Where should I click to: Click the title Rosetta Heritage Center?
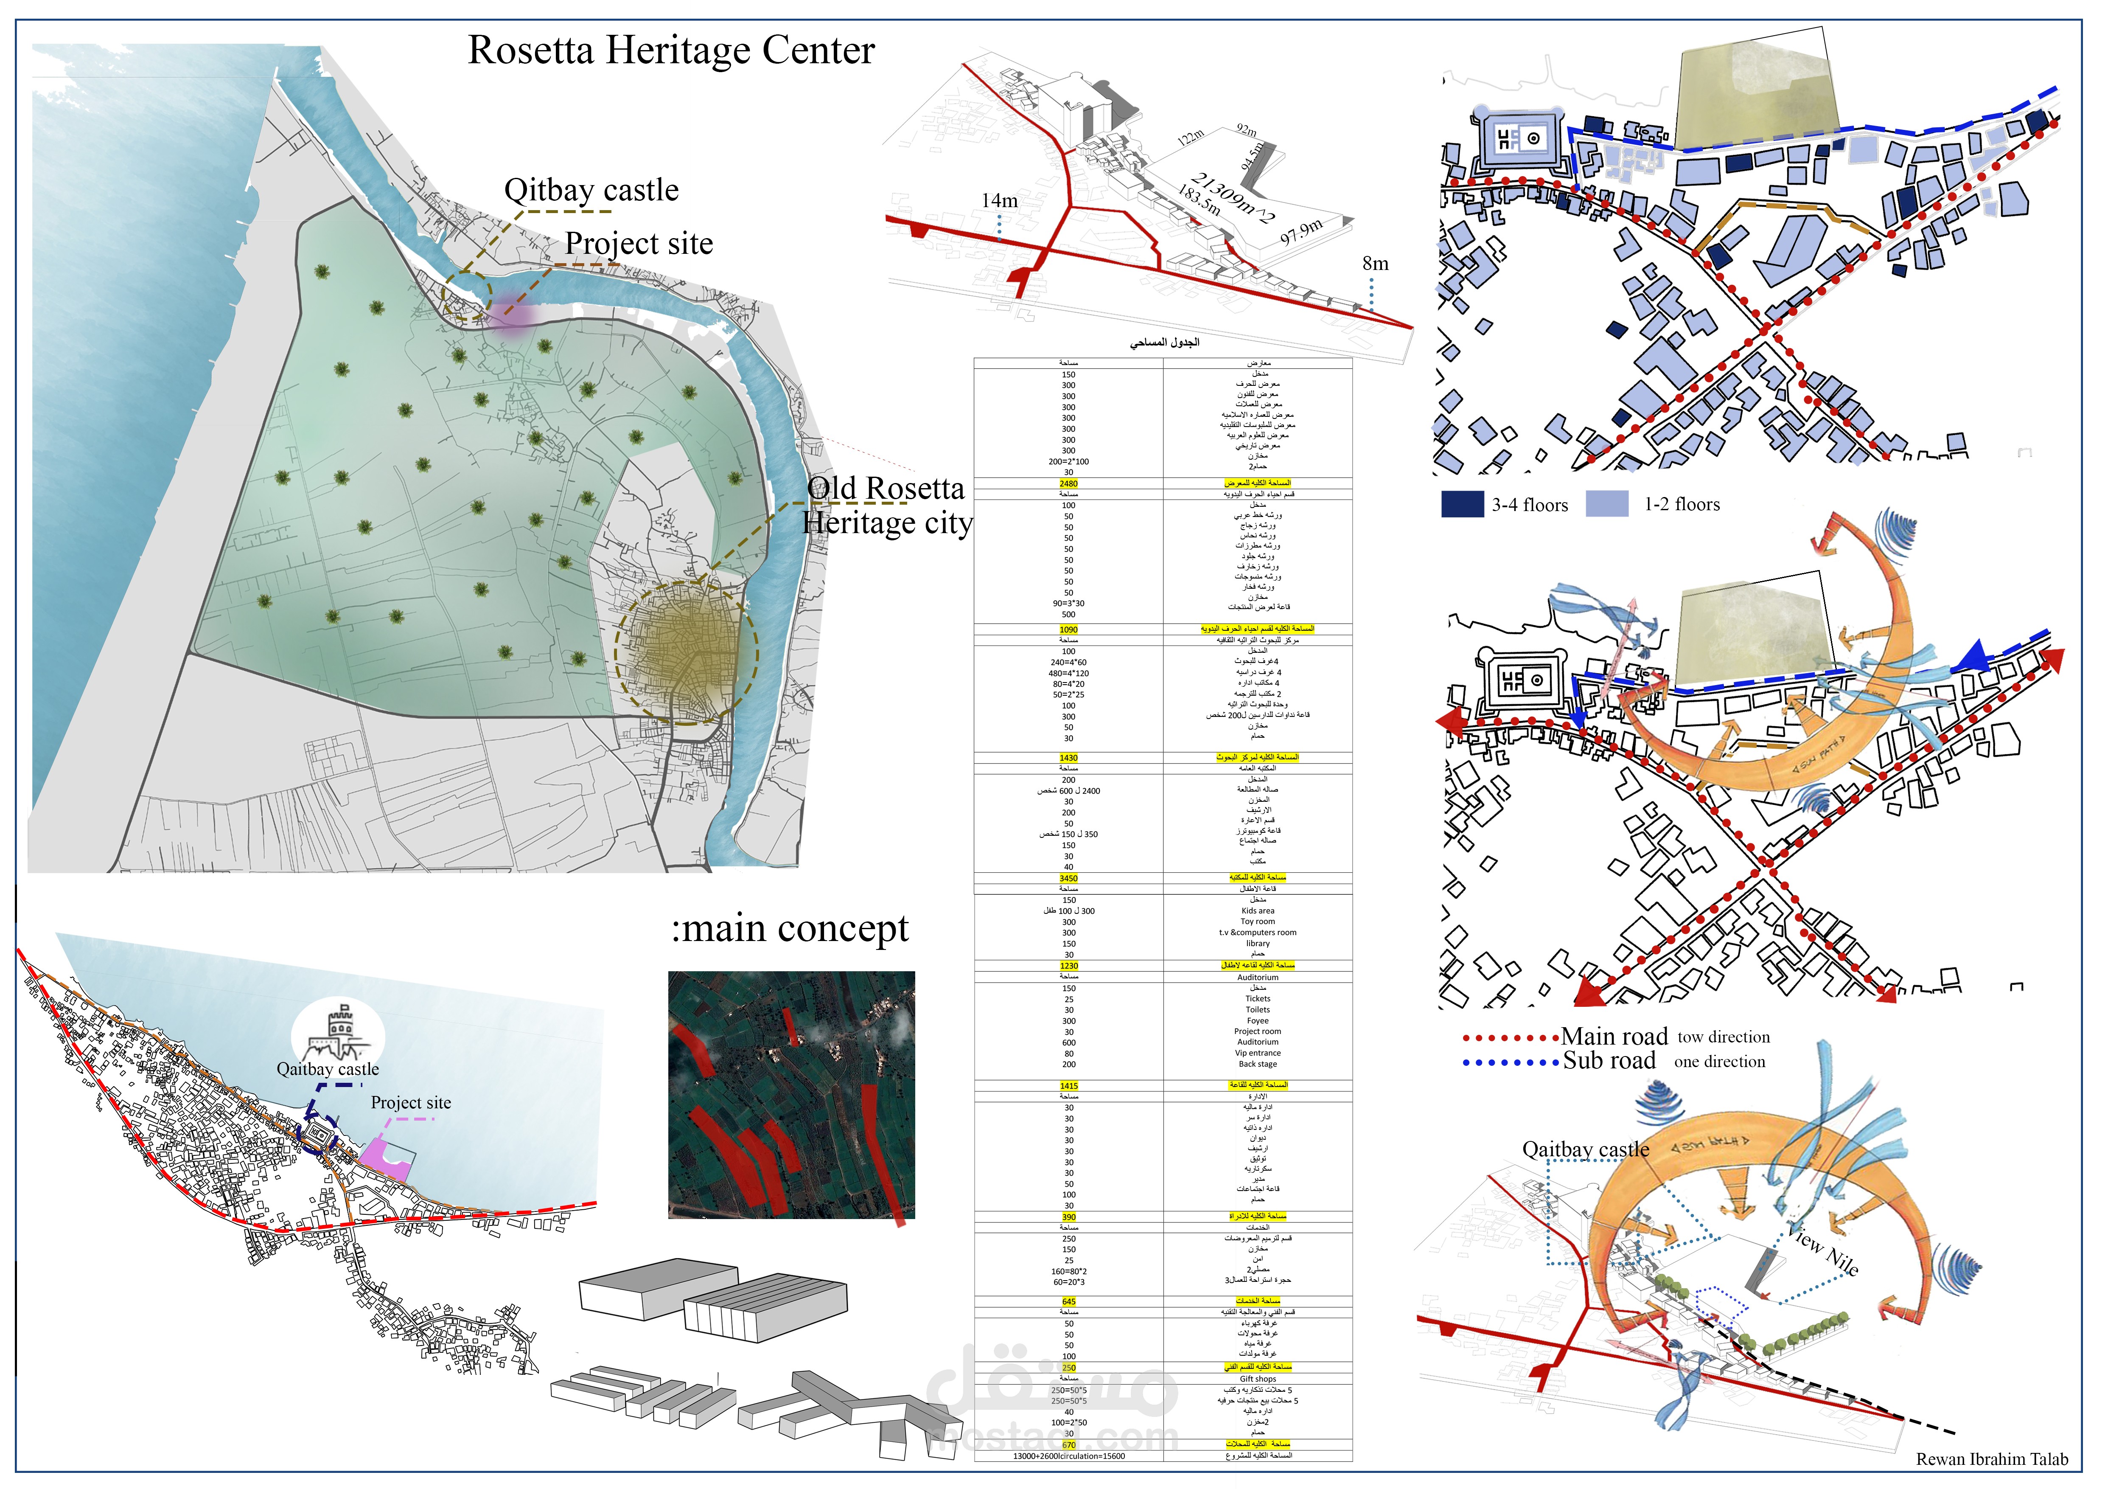671,51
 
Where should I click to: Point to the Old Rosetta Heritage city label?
886,505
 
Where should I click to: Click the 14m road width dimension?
999,201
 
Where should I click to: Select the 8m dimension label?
1375,264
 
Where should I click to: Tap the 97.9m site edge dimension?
1302,231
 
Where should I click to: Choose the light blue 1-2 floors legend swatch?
1606,504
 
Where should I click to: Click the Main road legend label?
1614,1037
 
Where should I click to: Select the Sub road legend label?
1609,1062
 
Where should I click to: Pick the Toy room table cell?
1258,921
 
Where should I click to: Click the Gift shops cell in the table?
1258,1379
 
